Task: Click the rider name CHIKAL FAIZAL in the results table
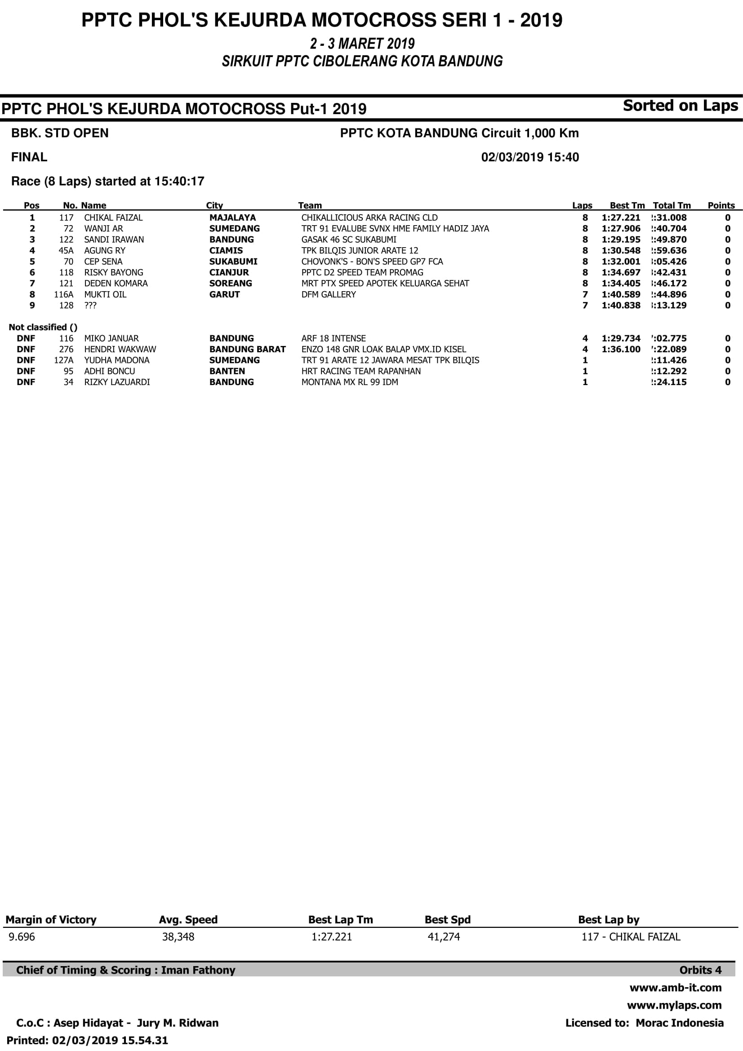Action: (113, 217)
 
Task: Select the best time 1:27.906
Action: (621, 228)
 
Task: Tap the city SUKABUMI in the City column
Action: (233, 262)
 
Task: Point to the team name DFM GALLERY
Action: (328, 294)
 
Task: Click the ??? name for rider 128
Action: (90, 305)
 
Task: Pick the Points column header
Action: (721, 205)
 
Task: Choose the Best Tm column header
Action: (627, 205)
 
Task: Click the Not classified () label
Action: (43, 327)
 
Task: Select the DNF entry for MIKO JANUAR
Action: (26, 338)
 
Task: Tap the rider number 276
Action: (66, 349)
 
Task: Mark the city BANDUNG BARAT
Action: (247, 349)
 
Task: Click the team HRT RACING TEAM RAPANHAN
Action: (361, 371)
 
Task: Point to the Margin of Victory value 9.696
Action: (22, 936)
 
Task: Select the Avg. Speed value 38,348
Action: (178, 936)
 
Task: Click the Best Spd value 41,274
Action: (443, 936)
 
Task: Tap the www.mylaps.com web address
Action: (674, 1005)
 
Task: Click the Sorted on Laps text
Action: (680, 106)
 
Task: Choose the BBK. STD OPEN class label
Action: (60, 133)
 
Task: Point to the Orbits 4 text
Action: (700, 970)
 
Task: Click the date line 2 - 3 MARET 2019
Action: (362, 44)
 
